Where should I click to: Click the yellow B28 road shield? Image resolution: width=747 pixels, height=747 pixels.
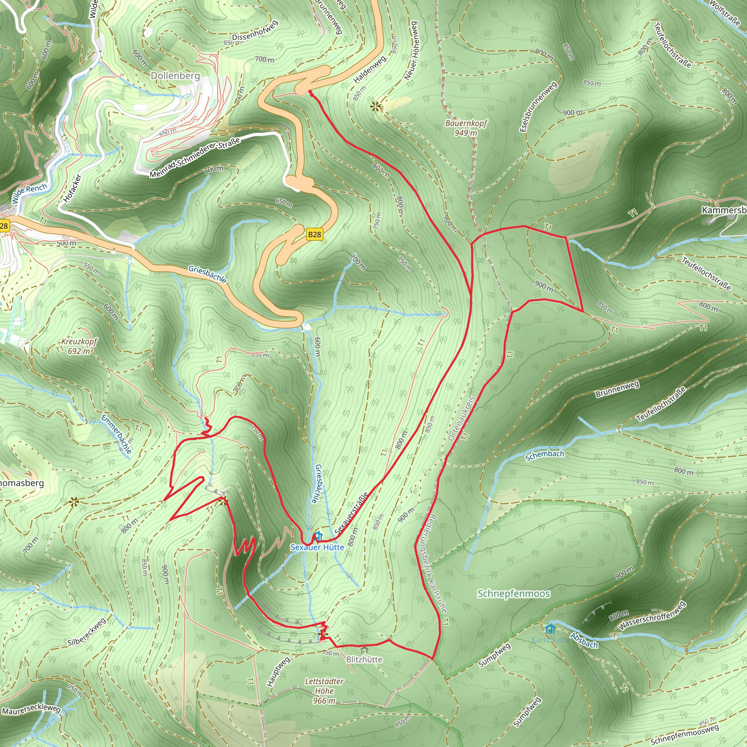[x=314, y=234]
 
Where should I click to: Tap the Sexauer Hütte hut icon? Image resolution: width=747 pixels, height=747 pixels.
[x=318, y=536]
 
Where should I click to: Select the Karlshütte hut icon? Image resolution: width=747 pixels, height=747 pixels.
[x=550, y=629]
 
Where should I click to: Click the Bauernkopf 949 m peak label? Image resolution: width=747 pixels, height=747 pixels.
[x=466, y=128]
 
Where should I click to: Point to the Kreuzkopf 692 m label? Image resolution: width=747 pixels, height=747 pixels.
[x=79, y=347]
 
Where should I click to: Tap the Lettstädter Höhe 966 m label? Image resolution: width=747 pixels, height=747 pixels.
[x=324, y=691]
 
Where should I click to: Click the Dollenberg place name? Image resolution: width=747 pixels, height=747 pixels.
[x=175, y=76]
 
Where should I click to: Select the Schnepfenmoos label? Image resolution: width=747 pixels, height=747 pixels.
[x=514, y=593]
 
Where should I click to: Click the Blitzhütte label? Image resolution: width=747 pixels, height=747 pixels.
[x=364, y=659]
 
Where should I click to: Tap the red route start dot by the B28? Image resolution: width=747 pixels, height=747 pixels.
[x=310, y=92]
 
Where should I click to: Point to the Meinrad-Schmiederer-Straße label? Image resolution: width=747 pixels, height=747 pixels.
[x=195, y=157]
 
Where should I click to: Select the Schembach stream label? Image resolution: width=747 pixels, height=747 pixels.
[x=545, y=456]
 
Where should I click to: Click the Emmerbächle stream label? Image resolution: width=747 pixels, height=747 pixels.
[x=117, y=433]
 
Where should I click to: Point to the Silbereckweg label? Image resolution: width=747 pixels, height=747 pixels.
[x=86, y=632]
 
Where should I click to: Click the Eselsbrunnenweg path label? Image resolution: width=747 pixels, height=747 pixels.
[x=538, y=107]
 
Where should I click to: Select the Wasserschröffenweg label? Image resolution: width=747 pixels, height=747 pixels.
[x=652, y=616]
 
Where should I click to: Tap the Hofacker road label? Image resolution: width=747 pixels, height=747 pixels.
[x=72, y=188]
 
